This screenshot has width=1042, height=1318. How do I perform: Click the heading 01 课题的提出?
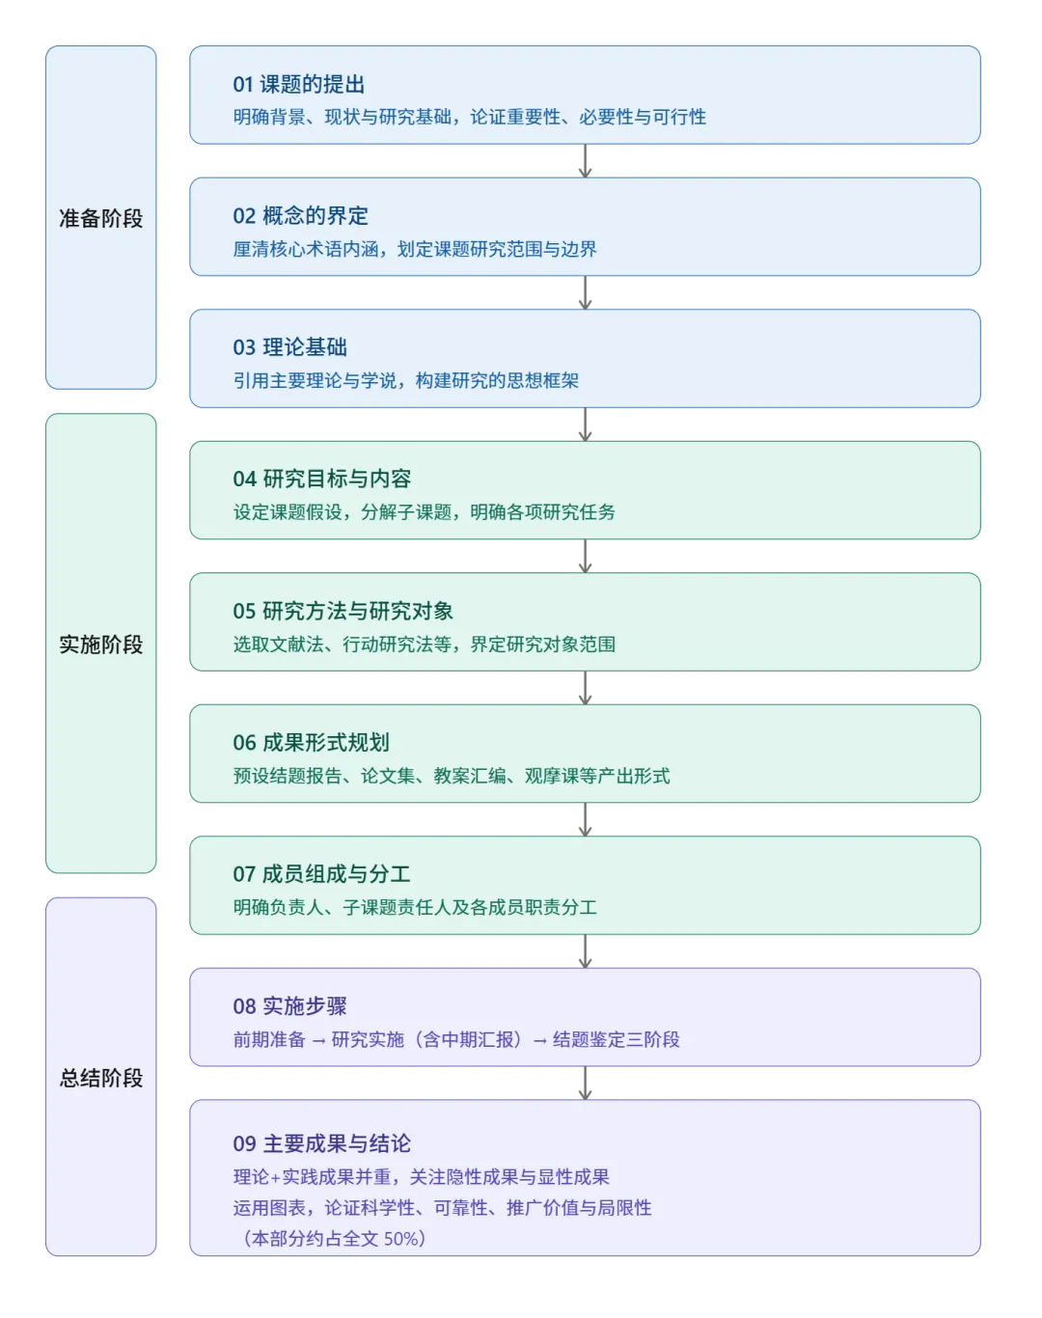pos(298,84)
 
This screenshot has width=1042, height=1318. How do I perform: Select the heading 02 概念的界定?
pos(300,215)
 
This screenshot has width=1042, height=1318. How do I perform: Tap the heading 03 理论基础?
pos(289,347)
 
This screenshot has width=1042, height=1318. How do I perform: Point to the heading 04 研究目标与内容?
pos(321,479)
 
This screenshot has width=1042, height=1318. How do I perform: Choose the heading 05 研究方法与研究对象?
pos(343,611)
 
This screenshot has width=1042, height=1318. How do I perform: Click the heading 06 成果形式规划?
pos(311,742)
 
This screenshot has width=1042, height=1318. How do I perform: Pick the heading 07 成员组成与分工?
pos(321,874)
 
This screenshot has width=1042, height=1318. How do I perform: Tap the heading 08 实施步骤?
pos(289,1005)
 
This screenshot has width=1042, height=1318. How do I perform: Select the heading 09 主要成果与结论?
pos(321,1143)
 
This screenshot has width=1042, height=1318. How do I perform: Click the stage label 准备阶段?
pos(101,218)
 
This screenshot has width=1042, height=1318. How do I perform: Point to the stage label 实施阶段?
pos(101,644)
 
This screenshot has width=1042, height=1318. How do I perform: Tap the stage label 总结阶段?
pos(101,1077)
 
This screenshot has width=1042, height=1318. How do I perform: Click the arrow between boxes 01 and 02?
pos(583,161)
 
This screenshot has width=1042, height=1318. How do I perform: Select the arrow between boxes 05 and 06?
pos(583,688)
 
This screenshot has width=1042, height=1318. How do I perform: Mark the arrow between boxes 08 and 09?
pos(583,1083)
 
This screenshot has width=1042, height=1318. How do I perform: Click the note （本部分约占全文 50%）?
pos(332,1238)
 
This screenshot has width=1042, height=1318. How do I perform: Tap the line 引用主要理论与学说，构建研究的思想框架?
pos(405,380)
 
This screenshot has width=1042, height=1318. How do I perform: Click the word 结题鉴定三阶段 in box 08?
pos(616,1039)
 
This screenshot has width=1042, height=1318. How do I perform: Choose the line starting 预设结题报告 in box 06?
pos(451,776)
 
